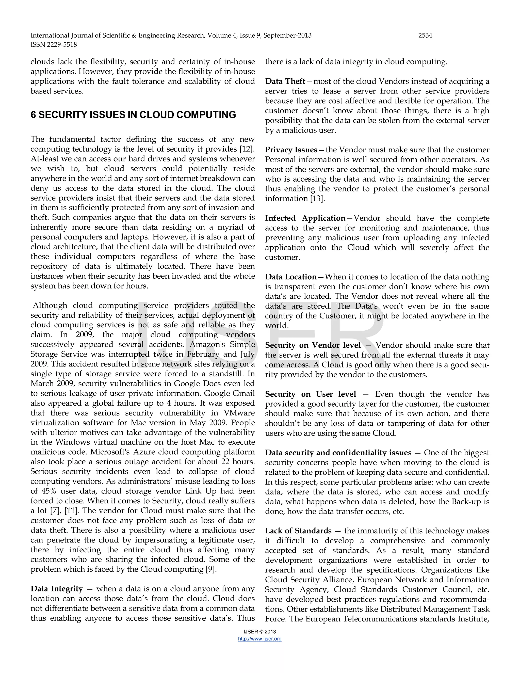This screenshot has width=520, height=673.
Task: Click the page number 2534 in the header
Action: [x=425, y=36]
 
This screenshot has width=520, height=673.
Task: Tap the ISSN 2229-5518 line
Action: [x=54, y=45]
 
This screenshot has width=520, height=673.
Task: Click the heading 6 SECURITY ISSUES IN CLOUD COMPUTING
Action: [x=133, y=115]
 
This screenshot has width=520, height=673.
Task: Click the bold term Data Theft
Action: [x=285, y=81]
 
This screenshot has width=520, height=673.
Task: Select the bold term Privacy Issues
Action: [x=291, y=150]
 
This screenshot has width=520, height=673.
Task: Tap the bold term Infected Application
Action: [x=305, y=218]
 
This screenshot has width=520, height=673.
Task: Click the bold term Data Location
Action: [x=290, y=277]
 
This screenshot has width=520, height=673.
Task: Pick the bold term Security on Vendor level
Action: [x=313, y=345]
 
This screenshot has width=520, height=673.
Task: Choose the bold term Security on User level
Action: [x=310, y=394]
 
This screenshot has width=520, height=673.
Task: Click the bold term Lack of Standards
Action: [x=298, y=531]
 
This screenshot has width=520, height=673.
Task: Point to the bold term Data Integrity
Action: [x=57, y=589]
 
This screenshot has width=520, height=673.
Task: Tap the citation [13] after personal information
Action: [x=318, y=199]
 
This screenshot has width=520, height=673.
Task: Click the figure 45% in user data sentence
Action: [x=49, y=491]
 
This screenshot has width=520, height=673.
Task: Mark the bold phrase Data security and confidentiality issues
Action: [x=338, y=453]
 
